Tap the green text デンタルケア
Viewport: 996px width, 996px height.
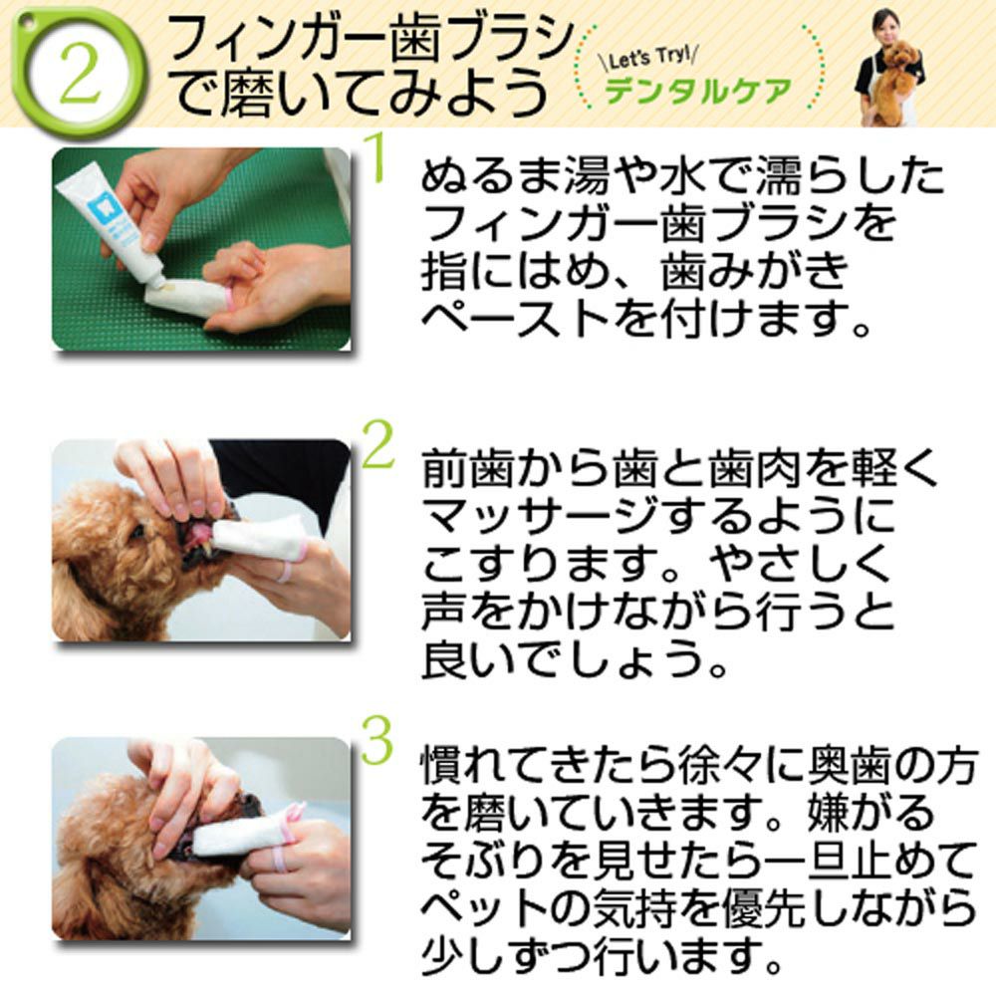click(x=697, y=92)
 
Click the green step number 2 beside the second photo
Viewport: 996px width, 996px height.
click(x=377, y=443)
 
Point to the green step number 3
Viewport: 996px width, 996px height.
click(x=377, y=740)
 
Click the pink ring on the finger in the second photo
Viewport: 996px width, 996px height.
click(x=285, y=571)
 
